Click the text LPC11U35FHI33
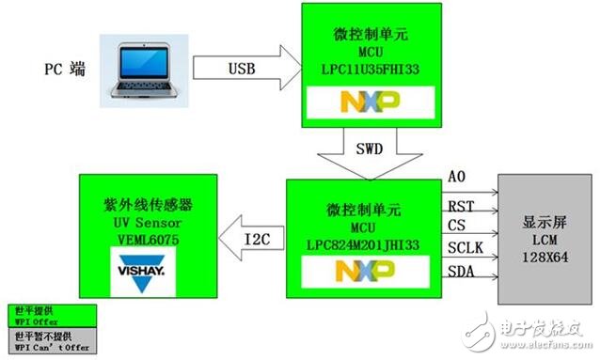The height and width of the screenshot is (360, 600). click(370, 68)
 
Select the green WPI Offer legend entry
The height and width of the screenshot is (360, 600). click(45, 315)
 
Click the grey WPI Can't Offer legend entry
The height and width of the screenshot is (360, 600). click(45, 338)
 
